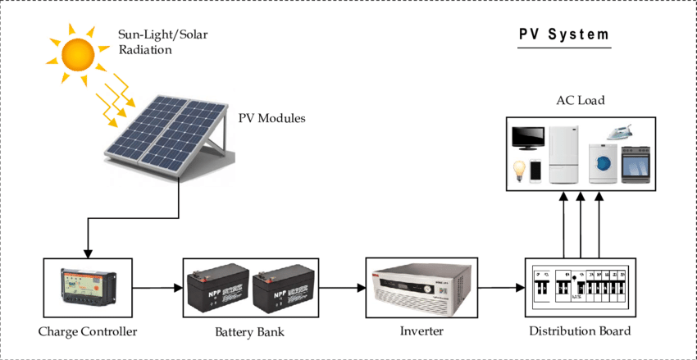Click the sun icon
pos(79,54)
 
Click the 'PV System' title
pos(565,35)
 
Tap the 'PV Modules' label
pos(271,119)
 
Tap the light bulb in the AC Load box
pos(518,170)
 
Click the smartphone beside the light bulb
pos(535,171)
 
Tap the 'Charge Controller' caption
pos(87,332)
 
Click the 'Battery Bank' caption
pos(250,332)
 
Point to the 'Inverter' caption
pos(421,332)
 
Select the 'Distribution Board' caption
pos(579,332)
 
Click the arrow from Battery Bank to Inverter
pos(340,288)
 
